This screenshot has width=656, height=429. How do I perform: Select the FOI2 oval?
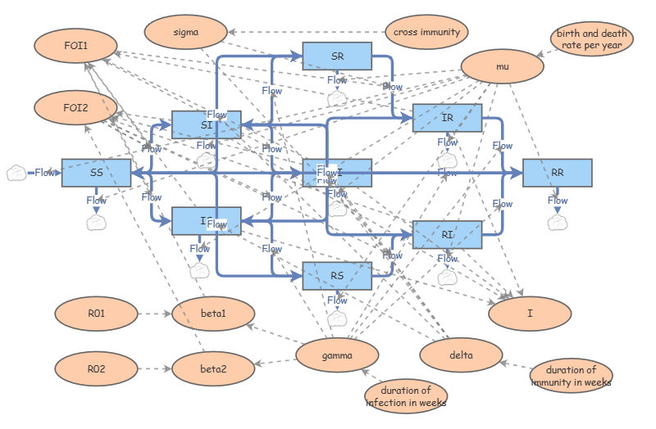click(75, 107)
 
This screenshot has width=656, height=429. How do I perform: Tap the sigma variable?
click(185, 32)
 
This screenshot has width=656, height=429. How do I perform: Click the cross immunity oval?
click(426, 32)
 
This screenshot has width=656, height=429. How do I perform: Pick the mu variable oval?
click(503, 67)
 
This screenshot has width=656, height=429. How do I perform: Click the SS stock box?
click(97, 173)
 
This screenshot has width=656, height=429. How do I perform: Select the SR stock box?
click(337, 56)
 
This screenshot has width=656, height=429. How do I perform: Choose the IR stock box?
click(447, 118)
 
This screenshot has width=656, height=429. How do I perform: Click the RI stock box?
click(447, 234)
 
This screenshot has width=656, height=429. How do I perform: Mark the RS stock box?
click(337, 276)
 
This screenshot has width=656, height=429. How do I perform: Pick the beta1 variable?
click(213, 313)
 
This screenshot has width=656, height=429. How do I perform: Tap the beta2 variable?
click(213, 368)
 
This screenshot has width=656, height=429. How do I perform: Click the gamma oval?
click(337, 355)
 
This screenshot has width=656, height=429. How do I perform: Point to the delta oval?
click(461, 354)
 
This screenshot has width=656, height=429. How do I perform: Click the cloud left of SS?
click(17, 173)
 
